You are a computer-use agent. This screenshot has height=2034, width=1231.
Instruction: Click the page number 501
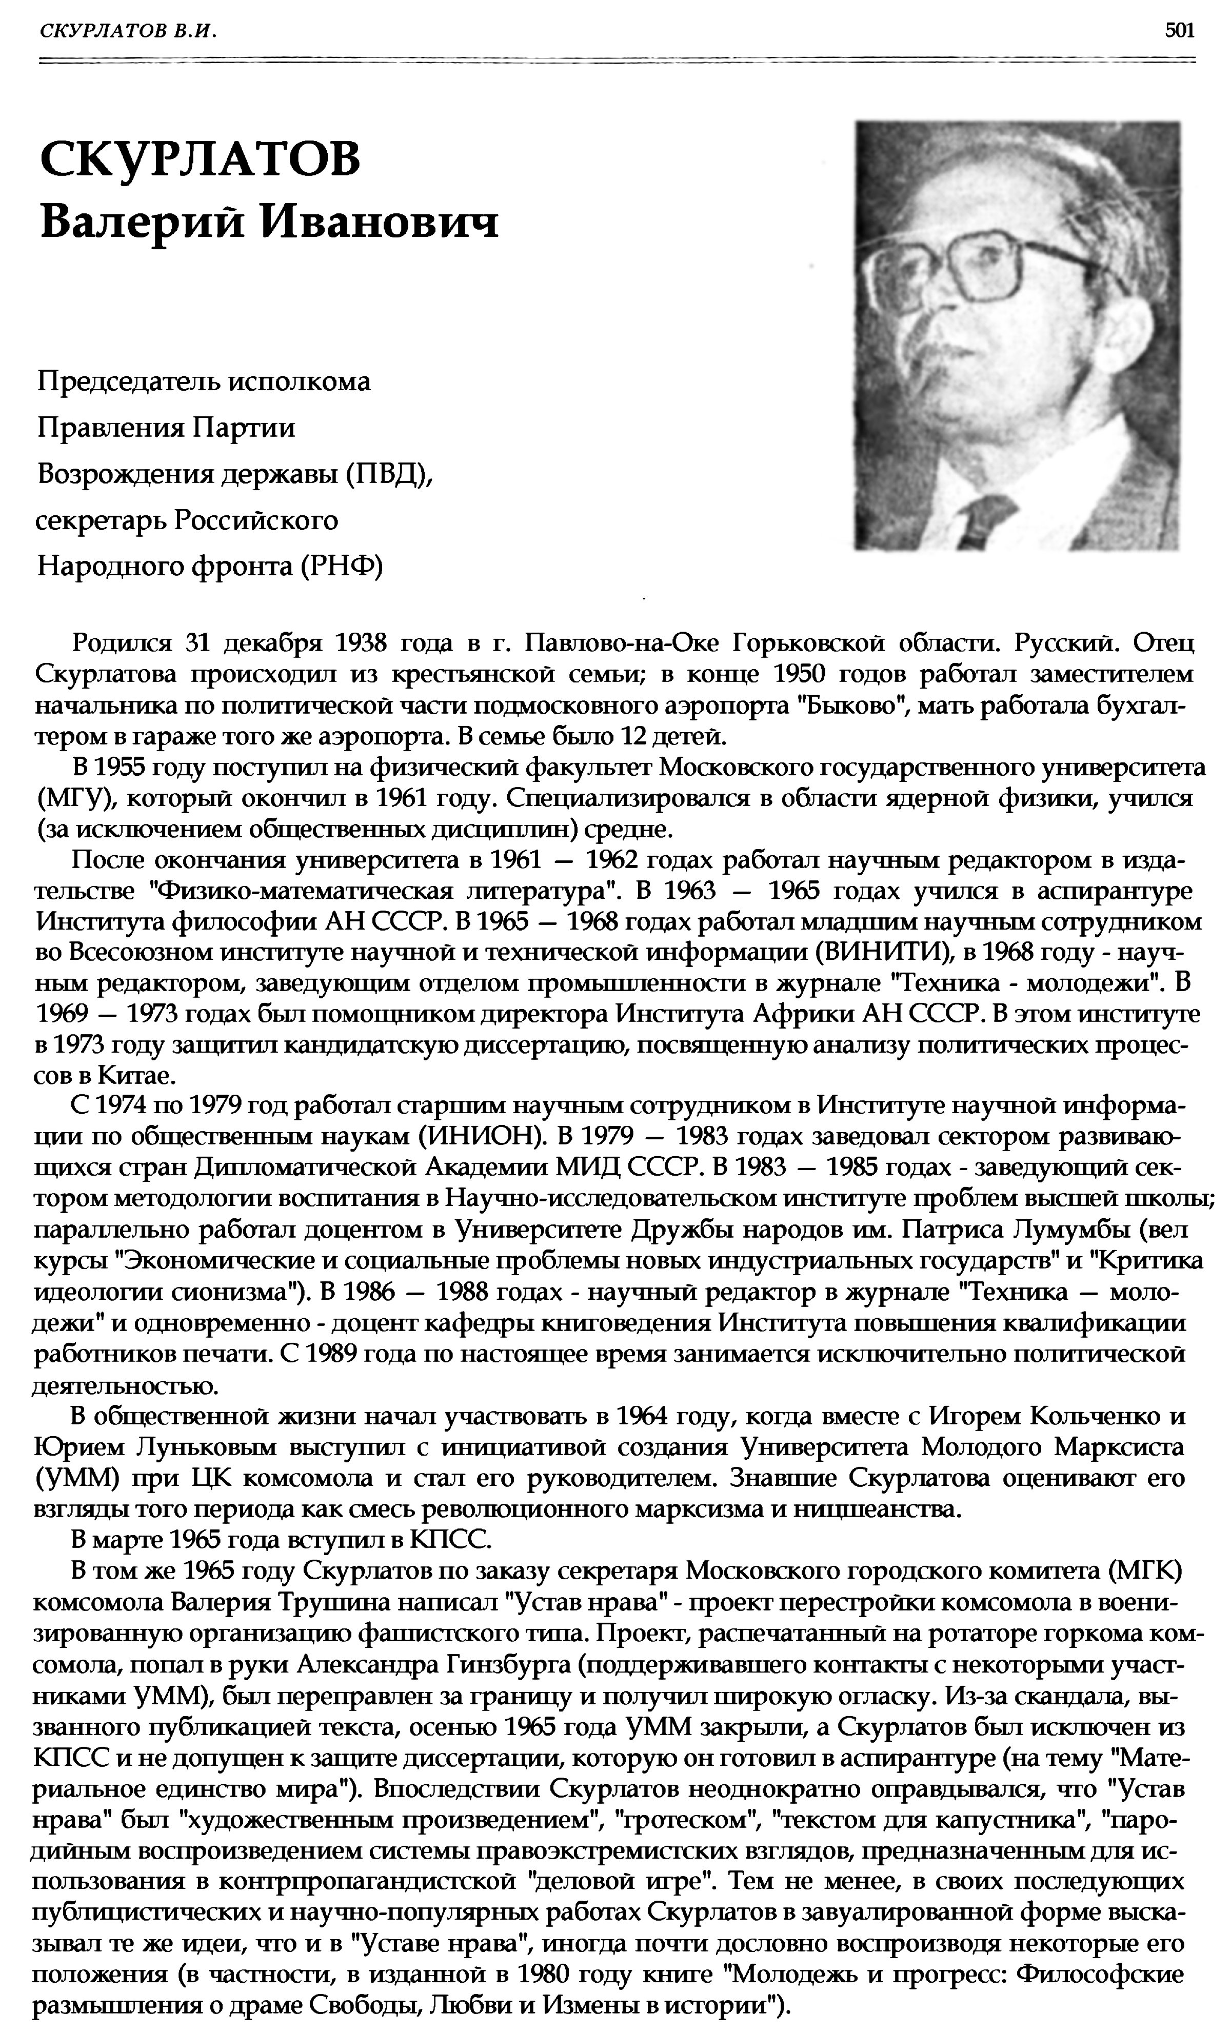click(x=1179, y=31)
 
